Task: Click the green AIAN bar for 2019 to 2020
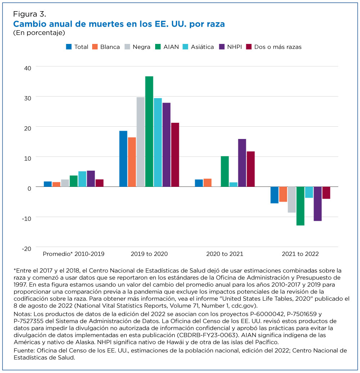click(x=149, y=131)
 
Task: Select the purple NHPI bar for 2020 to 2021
click(x=242, y=163)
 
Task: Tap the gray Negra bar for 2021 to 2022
click(x=292, y=199)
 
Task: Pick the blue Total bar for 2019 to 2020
click(x=123, y=159)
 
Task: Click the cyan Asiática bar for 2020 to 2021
click(x=234, y=185)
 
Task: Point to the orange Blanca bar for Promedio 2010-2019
click(x=57, y=184)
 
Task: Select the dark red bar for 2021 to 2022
click(x=326, y=193)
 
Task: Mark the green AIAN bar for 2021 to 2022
click(x=300, y=206)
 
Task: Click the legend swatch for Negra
click(x=127, y=47)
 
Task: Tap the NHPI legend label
click(x=234, y=47)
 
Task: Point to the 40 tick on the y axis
click(x=28, y=68)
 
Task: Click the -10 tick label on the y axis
click(x=26, y=219)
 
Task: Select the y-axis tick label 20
click(x=28, y=129)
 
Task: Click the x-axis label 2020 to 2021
click(x=225, y=254)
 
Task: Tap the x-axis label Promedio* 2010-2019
click(x=73, y=254)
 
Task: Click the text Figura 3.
click(x=30, y=14)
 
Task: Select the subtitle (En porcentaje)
click(x=39, y=33)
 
